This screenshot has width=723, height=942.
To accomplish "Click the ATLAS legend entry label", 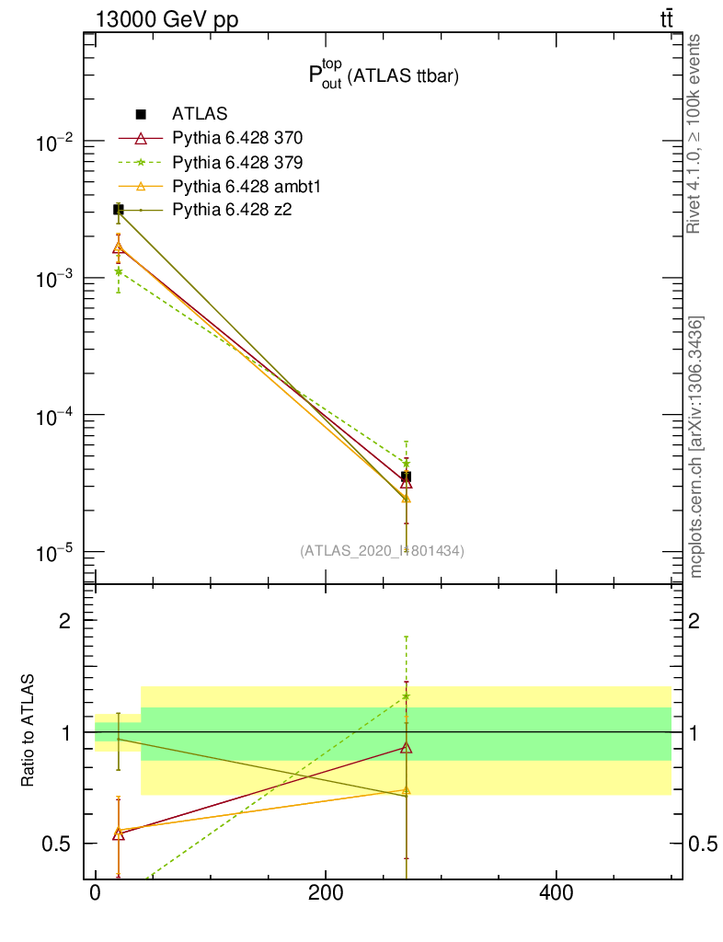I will pyautogui.click(x=200, y=114).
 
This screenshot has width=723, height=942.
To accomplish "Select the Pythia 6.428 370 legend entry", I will pyautogui.click(x=237, y=139).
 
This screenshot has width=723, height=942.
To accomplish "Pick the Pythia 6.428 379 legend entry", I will pyautogui.click(x=237, y=163).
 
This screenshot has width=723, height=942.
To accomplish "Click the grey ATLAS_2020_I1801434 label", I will pyautogui.click(x=382, y=551).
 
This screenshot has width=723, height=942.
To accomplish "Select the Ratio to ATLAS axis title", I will pyautogui.click(x=29, y=731).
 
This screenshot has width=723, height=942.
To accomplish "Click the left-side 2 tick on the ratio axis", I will pyautogui.click(x=65, y=620).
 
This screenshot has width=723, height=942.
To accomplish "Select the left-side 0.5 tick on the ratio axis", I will pyautogui.click(x=58, y=844).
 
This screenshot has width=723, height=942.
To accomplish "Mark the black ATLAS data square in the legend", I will pyautogui.click(x=141, y=114).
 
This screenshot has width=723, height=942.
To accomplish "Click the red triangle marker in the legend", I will pyautogui.click(x=141, y=139).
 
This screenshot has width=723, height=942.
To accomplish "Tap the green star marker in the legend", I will pyautogui.click(x=141, y=163).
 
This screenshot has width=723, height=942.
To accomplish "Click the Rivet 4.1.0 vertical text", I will pyautogui.click(x=694, y=134).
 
